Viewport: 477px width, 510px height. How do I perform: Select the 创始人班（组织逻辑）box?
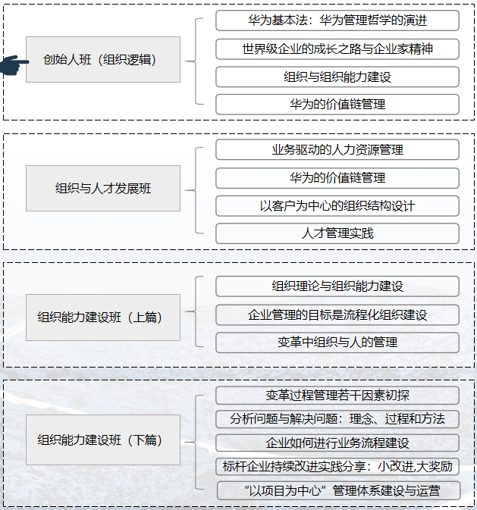click(x=103, y=59)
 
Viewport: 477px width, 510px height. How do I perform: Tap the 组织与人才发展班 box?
click(x=103, y=188)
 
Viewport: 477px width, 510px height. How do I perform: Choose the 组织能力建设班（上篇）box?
click(x=103, y=317)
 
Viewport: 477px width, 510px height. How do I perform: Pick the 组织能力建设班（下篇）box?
click(x=103, y=440)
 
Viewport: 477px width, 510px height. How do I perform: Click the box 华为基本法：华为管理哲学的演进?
click(x=337, y=20)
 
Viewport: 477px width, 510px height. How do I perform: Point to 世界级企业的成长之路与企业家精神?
click(x=337, y=49)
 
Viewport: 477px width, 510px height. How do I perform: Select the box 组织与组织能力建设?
click(x=337, y=77)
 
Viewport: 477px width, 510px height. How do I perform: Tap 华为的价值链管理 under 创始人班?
click(x=337, y=104)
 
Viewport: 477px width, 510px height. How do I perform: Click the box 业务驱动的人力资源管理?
click(x=337, y=149)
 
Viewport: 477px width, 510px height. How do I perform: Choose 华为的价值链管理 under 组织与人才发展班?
click(x=337, y=177)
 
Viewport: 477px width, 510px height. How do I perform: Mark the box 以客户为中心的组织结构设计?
click(x=337, y=205)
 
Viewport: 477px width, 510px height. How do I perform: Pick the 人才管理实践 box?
click(x=337, y=233)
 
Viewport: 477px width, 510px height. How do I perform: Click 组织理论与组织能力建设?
click(x=337, y=286)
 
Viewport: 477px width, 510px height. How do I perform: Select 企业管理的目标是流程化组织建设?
click(x=337, y=314)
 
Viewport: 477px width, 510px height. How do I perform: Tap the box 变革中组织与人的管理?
click(x=337, y=342)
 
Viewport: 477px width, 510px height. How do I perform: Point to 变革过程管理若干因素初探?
click(x=337, y=395)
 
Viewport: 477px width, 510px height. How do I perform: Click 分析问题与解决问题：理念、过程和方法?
click(x=337, y=418)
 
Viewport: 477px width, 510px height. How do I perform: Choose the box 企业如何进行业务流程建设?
click(x=337, y=442)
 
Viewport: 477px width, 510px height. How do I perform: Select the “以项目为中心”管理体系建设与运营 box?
click(x=338, y=490)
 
